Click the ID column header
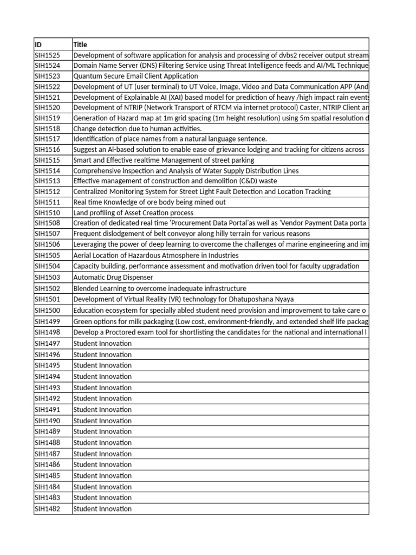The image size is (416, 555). tap(38, 44)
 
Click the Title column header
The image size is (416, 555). tap(80, 44)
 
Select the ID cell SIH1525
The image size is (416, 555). tap(47, 55)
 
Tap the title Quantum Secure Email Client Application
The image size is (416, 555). tap(135, 76)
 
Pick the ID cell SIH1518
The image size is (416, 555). tap(47, 129)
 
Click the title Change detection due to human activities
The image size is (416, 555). tap(137, 129)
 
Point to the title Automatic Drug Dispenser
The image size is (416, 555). tap(113, 277)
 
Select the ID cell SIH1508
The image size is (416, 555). tap(47, 223)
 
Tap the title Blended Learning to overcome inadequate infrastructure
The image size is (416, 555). tap(159, 288)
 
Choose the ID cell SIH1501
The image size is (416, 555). tap(47, 299)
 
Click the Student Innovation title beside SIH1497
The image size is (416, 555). tap(102, 344)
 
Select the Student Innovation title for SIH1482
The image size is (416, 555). tap(102, 509)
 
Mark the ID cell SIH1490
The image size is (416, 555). tap(47, 421)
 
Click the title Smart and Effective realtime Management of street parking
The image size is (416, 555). tap(164, 160)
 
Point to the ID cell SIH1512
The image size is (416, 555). tap(47, 192)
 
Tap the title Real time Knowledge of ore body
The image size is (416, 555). tap(149, 202)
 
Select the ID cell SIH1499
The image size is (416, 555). tap(47, 321)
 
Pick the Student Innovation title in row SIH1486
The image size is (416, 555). tap(102, 465)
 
